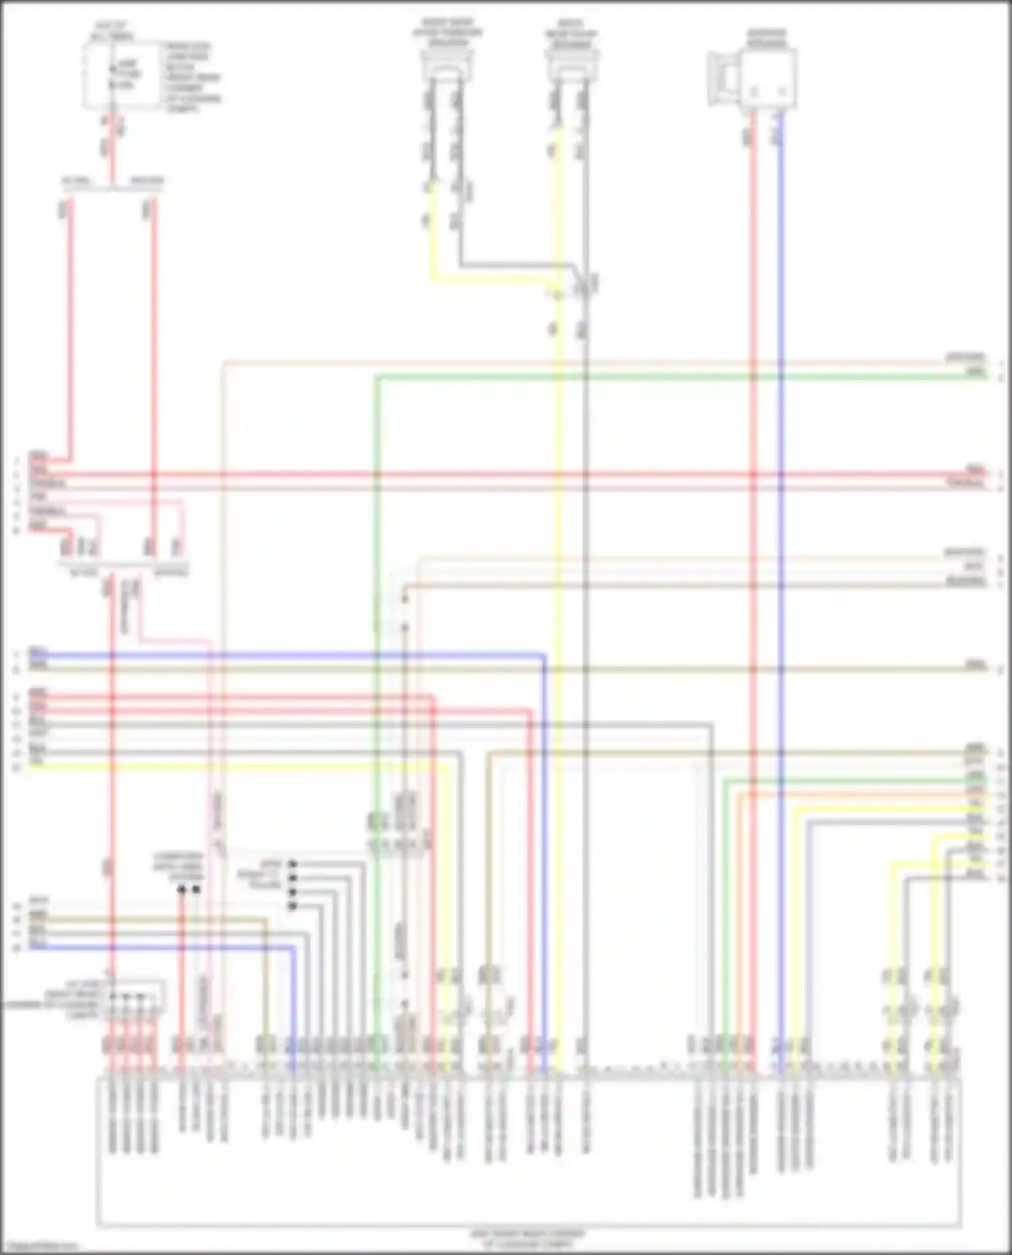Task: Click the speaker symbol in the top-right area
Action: [752, 80]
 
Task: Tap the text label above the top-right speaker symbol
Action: [766, 38]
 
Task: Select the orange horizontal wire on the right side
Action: [857, 794]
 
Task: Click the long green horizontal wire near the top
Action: [675, 376]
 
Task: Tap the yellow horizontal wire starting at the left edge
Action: [236, 766]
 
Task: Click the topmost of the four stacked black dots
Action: [292, 864]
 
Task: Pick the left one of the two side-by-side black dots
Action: [181, 889]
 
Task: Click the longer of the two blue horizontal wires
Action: [283, 654]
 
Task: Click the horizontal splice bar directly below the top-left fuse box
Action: [112, 188]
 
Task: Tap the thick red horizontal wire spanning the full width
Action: [506, 475]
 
